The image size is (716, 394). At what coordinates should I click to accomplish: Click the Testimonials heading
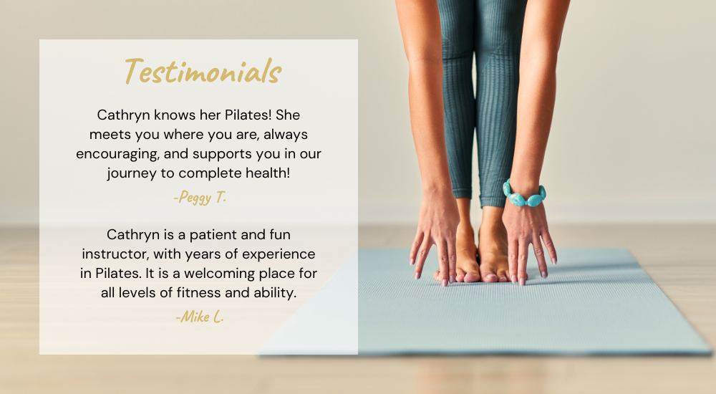click(x=203, y=72)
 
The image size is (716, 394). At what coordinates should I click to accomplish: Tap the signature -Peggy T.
click(x=200, y=197)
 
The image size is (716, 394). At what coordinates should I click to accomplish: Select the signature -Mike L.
click(x=200, y=317)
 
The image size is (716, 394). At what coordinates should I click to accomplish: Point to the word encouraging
click(x=118, y=154)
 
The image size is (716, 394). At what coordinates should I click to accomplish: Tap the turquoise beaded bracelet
click(x=524, y=194)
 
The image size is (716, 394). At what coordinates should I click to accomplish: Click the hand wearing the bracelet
click(x=529, y=241)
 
